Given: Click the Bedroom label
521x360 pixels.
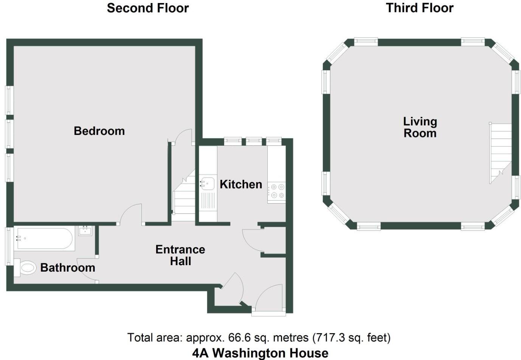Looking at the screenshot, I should (x=99, y=131).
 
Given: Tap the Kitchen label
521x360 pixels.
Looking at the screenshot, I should (x=241, y=184).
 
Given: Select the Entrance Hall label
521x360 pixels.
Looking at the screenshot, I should (x=180, y=255).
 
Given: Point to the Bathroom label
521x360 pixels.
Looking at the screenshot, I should (x=68, y=267).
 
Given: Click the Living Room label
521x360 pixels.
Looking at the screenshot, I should (x=420, y=127).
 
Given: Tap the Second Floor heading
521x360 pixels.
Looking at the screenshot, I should (x=147, y=8).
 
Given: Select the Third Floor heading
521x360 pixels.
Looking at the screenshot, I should (x=419, y=8).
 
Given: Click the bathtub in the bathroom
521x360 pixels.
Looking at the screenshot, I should (x=45, y=238).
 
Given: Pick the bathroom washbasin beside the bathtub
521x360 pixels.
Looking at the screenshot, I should (x=85, y=230).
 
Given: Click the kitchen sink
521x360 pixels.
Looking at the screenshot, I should (x=207, y=184).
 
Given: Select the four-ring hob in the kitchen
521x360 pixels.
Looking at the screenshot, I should (x=277, y=191).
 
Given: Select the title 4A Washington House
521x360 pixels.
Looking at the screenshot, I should (x=260, y=353).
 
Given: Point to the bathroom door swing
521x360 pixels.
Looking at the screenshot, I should (x=87, y=269).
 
